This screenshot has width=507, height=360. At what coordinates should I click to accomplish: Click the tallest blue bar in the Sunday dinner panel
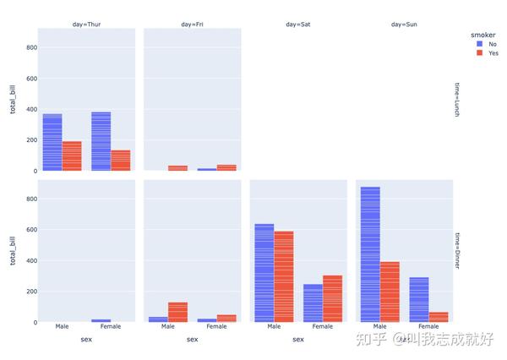tap(370, 254)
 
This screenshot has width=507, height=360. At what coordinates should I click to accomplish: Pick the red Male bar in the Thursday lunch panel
tap(72, 156)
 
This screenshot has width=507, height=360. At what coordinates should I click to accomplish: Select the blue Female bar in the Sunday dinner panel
tap(419, 299)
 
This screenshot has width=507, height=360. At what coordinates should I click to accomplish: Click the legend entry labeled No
tap(493, 42)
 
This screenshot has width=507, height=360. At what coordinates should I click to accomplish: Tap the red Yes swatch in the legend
tap(480, 53)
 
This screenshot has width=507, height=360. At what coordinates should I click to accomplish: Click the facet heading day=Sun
tap(404, 25)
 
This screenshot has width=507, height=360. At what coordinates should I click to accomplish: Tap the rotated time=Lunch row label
tap(456, 100)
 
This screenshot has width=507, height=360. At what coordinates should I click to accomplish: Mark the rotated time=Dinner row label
tap(456, 251)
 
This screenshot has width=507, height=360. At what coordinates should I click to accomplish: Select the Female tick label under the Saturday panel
tap(322, 327)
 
